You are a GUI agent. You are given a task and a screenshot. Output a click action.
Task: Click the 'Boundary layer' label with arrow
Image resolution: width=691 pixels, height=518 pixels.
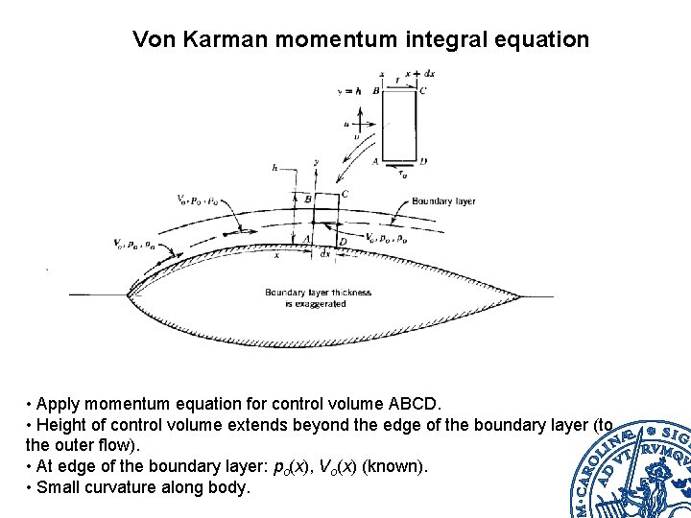[x=443, y=201]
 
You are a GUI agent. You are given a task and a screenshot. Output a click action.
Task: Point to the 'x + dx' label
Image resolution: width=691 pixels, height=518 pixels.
[x=419, y=74]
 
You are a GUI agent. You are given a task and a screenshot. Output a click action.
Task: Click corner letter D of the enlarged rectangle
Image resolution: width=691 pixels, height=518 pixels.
[x=423, y=161]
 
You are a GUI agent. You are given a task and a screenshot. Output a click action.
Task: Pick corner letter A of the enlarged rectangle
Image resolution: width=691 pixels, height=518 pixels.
[x=375, y=161]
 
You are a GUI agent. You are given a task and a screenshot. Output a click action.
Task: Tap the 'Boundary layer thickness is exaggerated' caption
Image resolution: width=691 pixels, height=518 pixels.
[x=318, y=297]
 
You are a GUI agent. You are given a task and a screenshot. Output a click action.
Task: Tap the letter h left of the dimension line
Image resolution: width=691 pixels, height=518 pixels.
[x=274, y=168]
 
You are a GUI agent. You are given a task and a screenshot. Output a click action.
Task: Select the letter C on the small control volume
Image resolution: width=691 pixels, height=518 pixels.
[x=345, y=194]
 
